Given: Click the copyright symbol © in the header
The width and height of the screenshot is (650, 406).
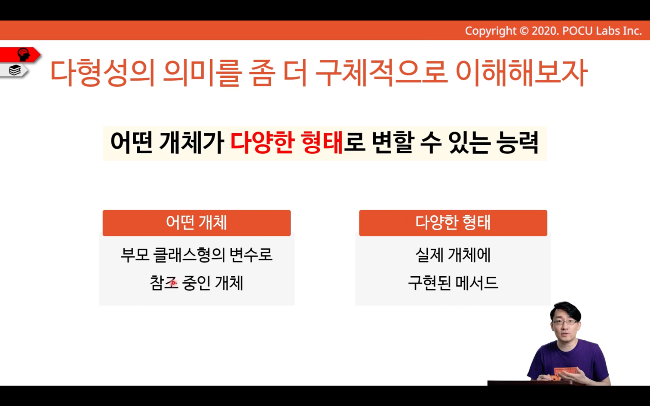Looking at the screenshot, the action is pyautogui.click(x=524, y=31).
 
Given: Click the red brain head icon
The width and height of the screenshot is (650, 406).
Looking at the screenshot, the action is pyautogui.click(x=23, y=55).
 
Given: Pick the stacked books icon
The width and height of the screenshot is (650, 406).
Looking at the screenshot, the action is pyautogui.click(x=15, y=70).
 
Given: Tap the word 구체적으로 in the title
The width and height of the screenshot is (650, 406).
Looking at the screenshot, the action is pyautogui.click(x=381, y=73).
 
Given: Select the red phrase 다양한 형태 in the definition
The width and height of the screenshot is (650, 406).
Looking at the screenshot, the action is pyautogui.click(x=287, y=143).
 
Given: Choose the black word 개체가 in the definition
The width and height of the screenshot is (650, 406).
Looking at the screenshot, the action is pyautogui.click(x=192, y=143).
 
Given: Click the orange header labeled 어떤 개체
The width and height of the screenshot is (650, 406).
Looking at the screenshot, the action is pyautogui.click(x=196, y=223).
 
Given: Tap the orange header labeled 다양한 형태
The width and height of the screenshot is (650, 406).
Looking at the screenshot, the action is pyautogui.click(x=453, y=223).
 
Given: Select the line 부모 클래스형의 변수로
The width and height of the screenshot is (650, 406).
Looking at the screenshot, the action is pyautogui.click(x=196, y=255).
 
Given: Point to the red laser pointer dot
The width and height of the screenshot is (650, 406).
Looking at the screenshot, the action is pyautogui.click(x=173, y=282).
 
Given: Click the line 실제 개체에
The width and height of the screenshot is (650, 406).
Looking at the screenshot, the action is pyautogui.click(x=453, y=255).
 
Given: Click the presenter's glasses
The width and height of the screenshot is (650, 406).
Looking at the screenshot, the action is pyautogui.click(x=565, y=322).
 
